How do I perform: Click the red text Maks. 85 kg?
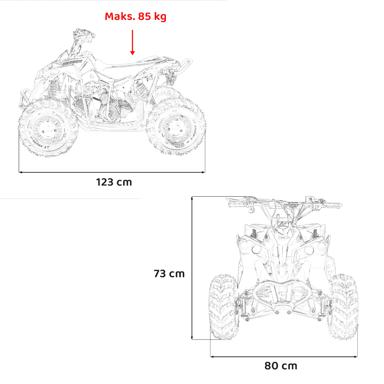(136, 17)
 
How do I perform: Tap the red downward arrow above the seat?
(132, 42)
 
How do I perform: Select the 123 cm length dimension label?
(114, 182)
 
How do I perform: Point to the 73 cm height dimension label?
(169, 273)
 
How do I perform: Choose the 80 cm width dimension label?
(281, 366)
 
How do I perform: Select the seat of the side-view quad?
(130, 63)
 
